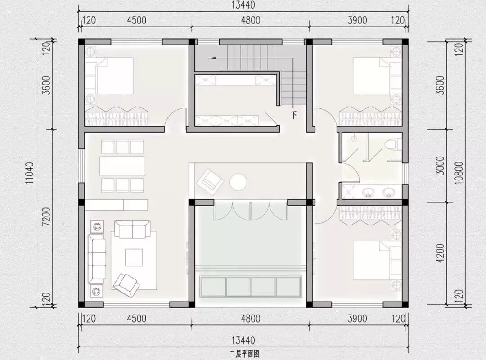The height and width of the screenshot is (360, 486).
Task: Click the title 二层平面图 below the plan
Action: tap(244, 354)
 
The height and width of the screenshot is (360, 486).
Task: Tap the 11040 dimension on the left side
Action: tap(29, 173)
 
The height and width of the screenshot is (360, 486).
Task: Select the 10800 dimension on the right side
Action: tap(459, 172)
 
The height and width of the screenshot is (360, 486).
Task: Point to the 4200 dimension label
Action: tap(441, 253)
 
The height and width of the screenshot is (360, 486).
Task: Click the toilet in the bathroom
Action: tap(392, 145)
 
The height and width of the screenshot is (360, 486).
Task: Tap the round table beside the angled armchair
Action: tap(238, 182)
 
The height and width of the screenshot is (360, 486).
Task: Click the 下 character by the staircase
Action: tap(293, 115)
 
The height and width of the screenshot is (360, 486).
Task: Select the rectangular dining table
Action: tap(122, 166)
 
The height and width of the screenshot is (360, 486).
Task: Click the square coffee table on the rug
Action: tap(134, 257)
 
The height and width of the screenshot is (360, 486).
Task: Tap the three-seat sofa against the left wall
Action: tap(96, 259)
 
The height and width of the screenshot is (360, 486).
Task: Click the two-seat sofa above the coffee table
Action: tap(132, 229)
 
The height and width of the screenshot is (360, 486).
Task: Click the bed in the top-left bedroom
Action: tap(110, 75)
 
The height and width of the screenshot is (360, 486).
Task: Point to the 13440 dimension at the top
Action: tap(243, 5)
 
